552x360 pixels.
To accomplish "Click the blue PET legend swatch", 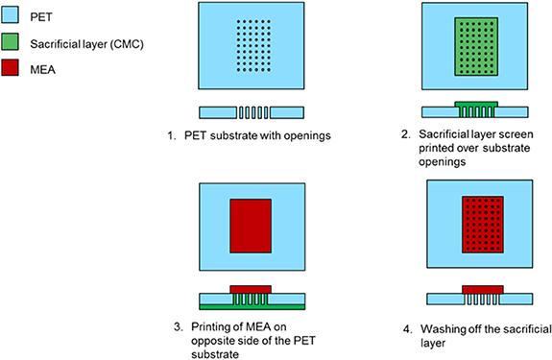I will [x=12, y=13].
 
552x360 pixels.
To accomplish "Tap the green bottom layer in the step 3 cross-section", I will [x=250, y=306].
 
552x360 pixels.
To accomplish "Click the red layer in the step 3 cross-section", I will [x=250, y=288].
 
